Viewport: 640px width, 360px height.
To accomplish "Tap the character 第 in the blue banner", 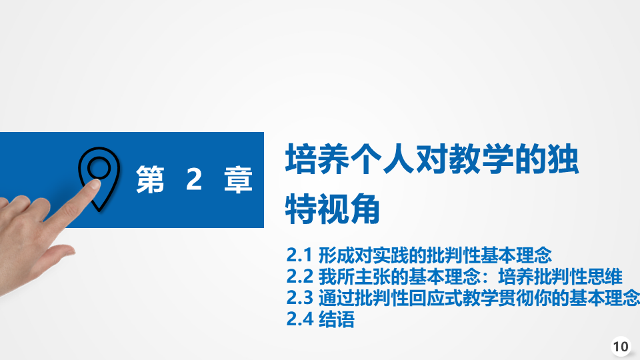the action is [150, 179].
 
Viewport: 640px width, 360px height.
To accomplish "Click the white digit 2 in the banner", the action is [194, 179].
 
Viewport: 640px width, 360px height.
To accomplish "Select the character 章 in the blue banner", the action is [239, 179].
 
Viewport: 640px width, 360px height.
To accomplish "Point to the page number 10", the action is [621, 347].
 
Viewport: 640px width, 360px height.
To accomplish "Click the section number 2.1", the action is [299, 255].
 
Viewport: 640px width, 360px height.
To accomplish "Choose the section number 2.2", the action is [299, 277].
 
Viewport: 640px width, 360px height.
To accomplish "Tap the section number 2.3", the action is [299, 298].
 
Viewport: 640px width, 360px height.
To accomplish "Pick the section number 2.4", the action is [299, 319].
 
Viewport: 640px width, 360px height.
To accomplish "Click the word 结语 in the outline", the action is [336, 319].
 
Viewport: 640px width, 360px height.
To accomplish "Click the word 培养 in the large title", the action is [317, 159].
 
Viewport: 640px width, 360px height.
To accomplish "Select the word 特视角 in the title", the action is [333, 209].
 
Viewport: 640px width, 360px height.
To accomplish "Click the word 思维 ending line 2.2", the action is [605, 277].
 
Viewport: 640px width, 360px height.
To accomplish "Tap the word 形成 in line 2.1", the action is [336, 255].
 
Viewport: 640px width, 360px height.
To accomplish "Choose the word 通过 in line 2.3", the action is [336, 298].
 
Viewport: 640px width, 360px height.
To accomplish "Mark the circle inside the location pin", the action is [99, 168].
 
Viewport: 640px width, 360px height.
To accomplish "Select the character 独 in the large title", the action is [563, 159].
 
